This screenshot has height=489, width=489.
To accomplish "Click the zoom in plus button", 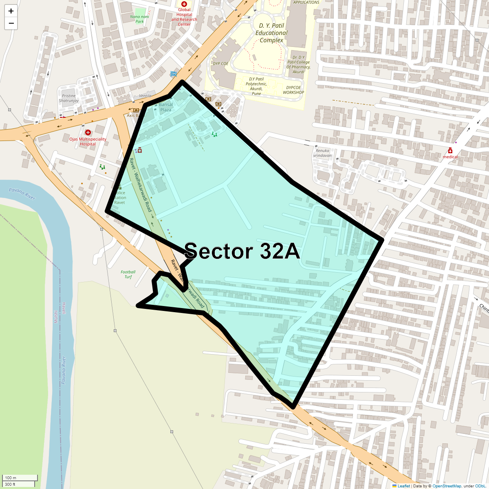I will point(11,11).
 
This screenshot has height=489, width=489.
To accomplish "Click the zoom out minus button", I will point(11,23).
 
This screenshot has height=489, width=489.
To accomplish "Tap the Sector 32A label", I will point(242,251).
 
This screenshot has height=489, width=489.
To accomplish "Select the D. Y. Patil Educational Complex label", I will point(272,33).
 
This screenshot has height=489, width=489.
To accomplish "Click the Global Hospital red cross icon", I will point(184,4).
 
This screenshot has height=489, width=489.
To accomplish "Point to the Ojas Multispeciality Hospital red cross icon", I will point(88,132).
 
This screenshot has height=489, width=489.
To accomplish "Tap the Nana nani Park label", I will point(140,19).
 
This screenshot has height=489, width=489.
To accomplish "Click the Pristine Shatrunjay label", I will point(69,98).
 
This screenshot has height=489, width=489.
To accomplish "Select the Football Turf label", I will point(128,274).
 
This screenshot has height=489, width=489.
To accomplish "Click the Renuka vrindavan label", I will point(322,153).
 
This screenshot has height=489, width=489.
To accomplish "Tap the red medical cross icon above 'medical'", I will point(450,150).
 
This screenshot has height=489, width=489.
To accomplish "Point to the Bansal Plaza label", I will point(166,107).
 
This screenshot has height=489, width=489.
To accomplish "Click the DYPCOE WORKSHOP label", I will point(294,90).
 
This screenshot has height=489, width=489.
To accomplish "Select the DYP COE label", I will point(220,64).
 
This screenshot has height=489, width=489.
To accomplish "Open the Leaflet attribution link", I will point(403,486).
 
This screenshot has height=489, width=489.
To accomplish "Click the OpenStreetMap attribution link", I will point(447,486).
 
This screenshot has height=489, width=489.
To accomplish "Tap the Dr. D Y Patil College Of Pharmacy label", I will point(298,65).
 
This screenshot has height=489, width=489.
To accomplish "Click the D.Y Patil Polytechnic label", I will point(256,86).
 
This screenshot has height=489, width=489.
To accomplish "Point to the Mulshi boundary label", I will point(56,316).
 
